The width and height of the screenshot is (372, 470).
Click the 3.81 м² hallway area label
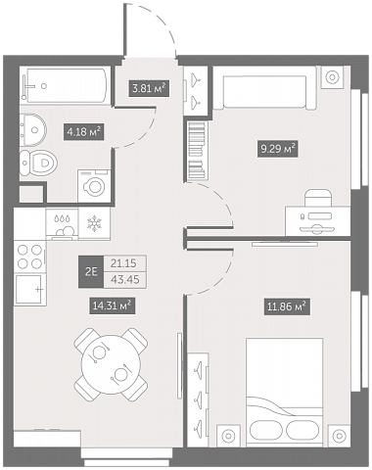coord(149,88)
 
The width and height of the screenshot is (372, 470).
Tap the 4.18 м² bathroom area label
coord(83,131)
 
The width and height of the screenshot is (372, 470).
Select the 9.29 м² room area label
coord(278,149)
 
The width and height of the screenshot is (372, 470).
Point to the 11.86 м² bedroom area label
coord(287,306)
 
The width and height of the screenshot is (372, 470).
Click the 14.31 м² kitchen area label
coord(113,305)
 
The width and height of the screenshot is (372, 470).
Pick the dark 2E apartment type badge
coord(91,271)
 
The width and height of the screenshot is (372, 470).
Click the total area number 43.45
coord(124,280)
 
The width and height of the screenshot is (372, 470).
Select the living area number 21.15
coord(123,263)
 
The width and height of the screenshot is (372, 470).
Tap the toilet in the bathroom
coord(38,163)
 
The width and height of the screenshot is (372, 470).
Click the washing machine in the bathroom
coord(94,186)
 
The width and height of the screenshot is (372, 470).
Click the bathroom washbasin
coord(33,130)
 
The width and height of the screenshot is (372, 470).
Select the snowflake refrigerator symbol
coord(94,223)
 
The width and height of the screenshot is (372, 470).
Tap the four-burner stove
coord(30,257)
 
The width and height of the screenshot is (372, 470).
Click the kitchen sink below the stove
coord(29,290)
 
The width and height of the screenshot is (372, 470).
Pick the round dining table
coord(111,363)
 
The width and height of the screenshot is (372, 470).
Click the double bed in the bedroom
coord(285,392)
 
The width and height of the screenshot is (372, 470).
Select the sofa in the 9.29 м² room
coord(264,88)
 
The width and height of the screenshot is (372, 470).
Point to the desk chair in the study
coord(318,198)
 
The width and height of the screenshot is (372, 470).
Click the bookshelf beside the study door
coord(198,151)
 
